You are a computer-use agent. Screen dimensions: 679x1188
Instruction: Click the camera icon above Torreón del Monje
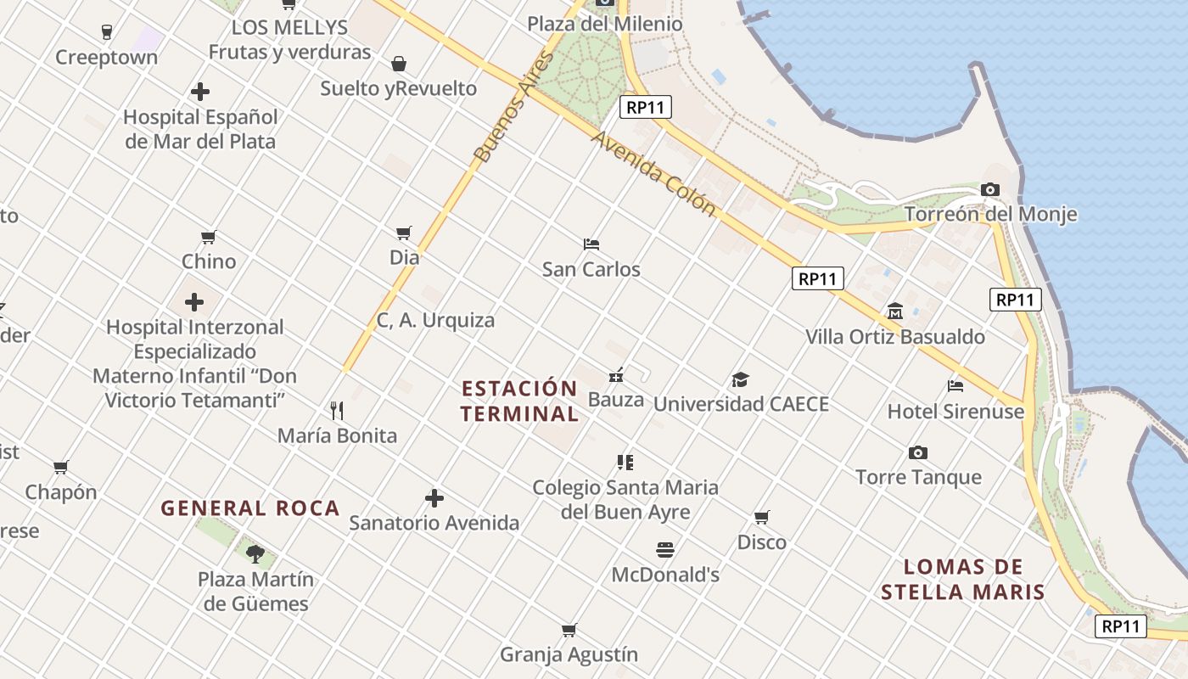(x=989, y=190)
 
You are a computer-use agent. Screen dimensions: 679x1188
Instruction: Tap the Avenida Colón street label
(x=653, y=173)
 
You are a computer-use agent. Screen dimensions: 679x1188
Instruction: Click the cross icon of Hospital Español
(x=200, y=92)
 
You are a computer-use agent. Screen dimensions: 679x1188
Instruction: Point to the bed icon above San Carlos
(x=591, y=244)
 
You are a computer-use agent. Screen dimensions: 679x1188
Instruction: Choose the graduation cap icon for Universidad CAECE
(x=741, y=379)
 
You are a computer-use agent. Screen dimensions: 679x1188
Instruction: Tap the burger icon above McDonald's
(x=665, y=550)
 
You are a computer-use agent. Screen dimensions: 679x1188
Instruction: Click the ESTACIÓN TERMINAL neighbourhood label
(x=519, y=401)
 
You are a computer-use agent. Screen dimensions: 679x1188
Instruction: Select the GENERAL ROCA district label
(x=250, y=508)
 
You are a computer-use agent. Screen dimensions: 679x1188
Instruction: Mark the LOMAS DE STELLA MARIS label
(x=962, y=580)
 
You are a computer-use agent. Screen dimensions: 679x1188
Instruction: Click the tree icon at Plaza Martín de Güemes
(x=255, y=554)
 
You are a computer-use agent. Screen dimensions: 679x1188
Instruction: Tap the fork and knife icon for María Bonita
(x=337, y=411)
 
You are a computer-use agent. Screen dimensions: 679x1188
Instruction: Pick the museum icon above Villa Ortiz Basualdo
(x=894, y=311)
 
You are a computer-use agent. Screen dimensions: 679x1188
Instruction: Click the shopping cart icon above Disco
(x=762, y=517)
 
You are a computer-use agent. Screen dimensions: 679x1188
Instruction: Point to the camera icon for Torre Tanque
(x=917, y=452)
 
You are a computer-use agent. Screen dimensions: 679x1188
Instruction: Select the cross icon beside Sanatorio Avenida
(x=434, y=498)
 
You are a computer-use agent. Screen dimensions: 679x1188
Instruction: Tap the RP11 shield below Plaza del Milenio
(x=647, y=107)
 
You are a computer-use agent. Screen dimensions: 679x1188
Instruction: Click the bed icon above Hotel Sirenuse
(x=955, y=386)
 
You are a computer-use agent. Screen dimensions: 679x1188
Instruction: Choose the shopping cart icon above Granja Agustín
(x=569, y=630)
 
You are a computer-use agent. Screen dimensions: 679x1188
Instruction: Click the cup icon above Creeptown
(x=106, y=32)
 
